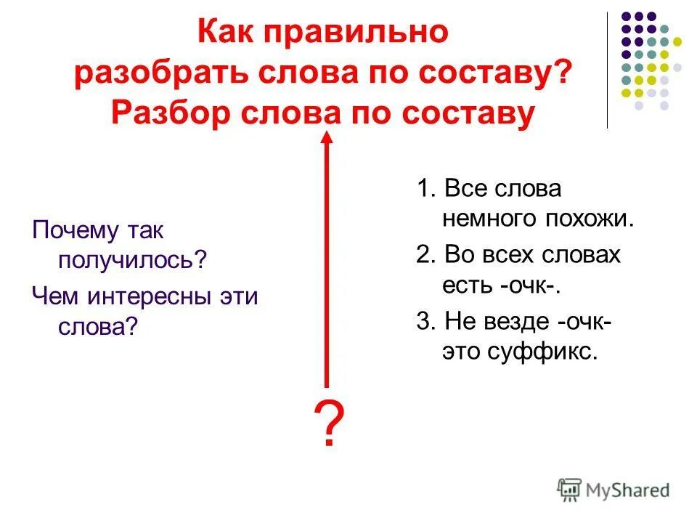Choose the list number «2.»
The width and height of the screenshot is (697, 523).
[425, 255]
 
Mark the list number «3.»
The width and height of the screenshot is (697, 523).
[425, 321]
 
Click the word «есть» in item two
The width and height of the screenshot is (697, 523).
[468, 285]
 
